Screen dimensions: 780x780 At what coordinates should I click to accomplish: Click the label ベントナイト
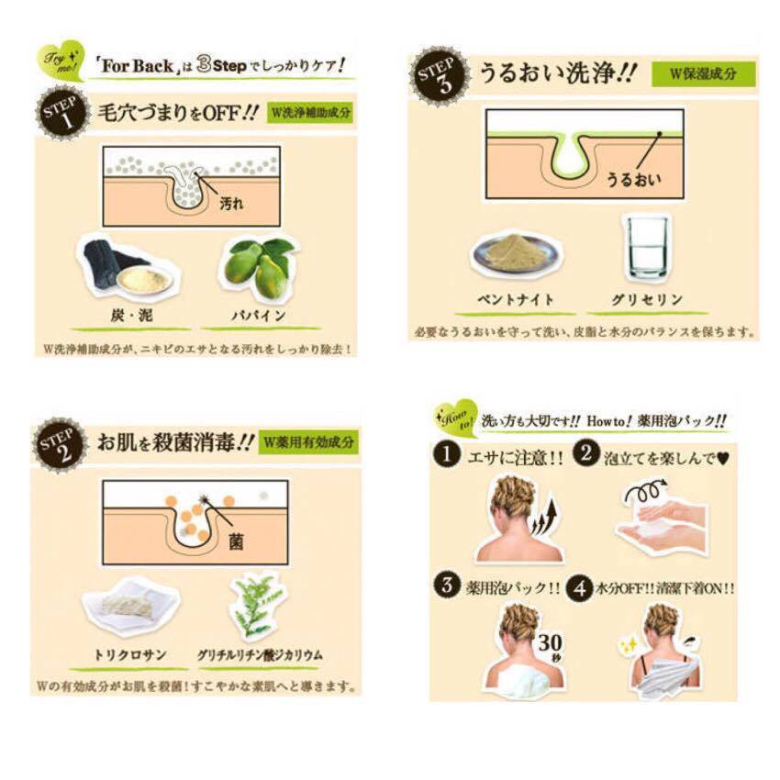(518, 300)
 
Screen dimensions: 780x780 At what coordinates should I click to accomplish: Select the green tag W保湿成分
(703, 73)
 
